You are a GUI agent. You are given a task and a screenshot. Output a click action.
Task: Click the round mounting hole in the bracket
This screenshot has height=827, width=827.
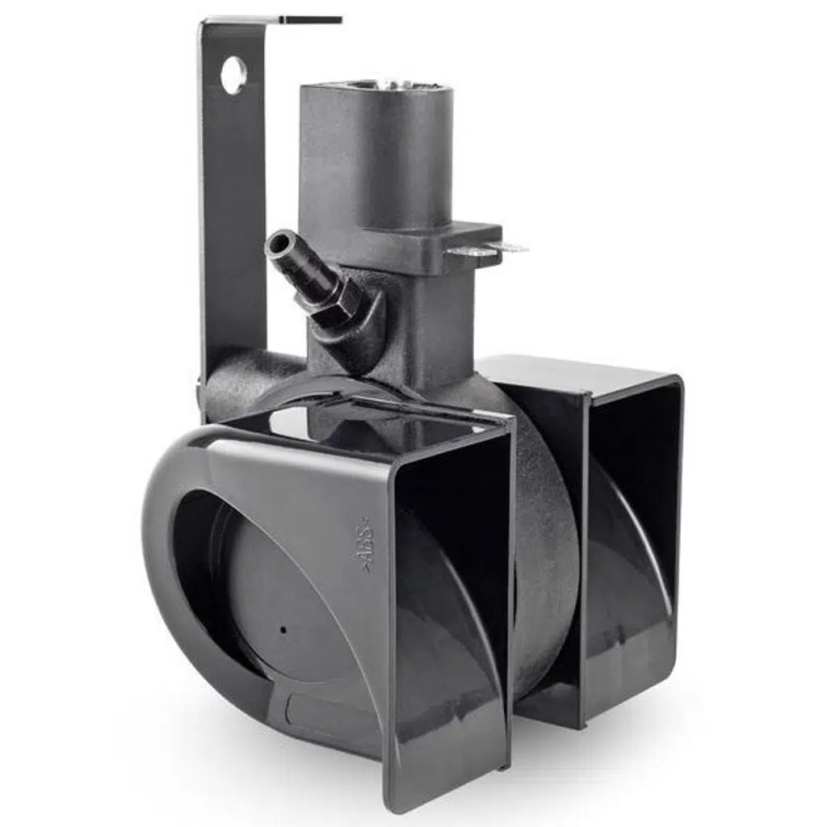(x=233, y=75)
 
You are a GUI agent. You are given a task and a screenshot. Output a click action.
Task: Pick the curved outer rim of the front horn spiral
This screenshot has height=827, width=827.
(x=162, y=565)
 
